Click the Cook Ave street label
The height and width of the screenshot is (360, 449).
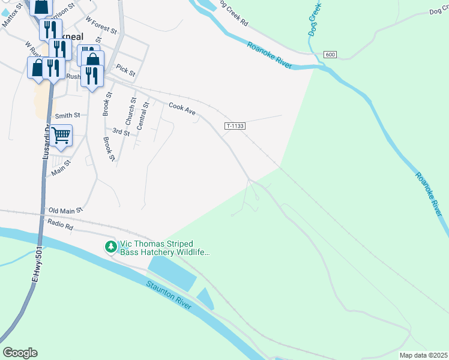click(x=182, y=108)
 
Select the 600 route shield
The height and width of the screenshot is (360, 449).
click(x=329, y=55)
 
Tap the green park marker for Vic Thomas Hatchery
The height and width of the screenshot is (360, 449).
click(x=110, y=247)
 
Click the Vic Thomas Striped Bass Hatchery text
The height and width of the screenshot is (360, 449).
click(x=164, y=248)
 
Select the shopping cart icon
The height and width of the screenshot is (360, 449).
click(x=61, y=135)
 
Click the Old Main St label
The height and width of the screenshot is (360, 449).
click(x=65, y=210)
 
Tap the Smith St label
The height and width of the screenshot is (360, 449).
click(x=67, y=115)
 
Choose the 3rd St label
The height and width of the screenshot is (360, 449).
click(x=121, y=131)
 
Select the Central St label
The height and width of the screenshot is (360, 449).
click(x=141, y=116)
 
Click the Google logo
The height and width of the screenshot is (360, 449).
click(x=20, y=353)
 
